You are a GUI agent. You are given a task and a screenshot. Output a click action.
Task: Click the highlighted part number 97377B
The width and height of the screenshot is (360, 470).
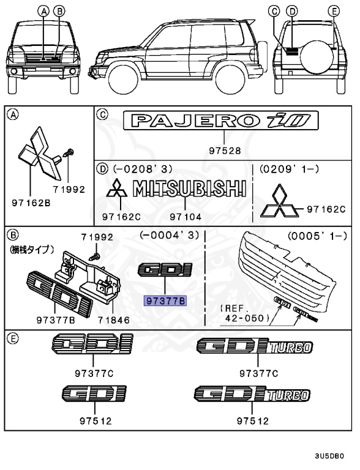coord(164,300)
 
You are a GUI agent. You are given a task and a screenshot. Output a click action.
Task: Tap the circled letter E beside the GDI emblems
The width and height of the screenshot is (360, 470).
coord(12,337)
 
